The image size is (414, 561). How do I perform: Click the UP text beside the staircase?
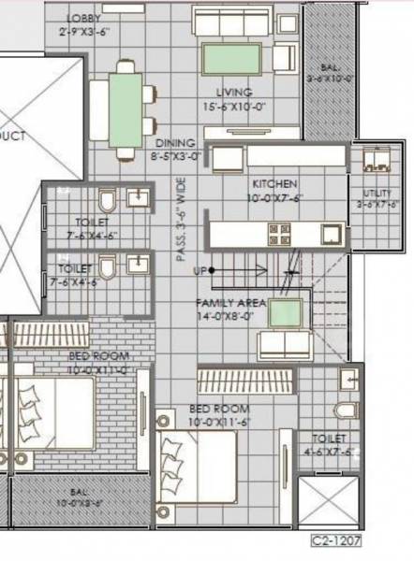[x=199, y=271]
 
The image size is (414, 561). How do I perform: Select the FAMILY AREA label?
[x=230, y=303]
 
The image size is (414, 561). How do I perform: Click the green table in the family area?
[x=284, y=312]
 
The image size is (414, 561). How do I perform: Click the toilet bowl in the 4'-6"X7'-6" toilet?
[x=345, y=410]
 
